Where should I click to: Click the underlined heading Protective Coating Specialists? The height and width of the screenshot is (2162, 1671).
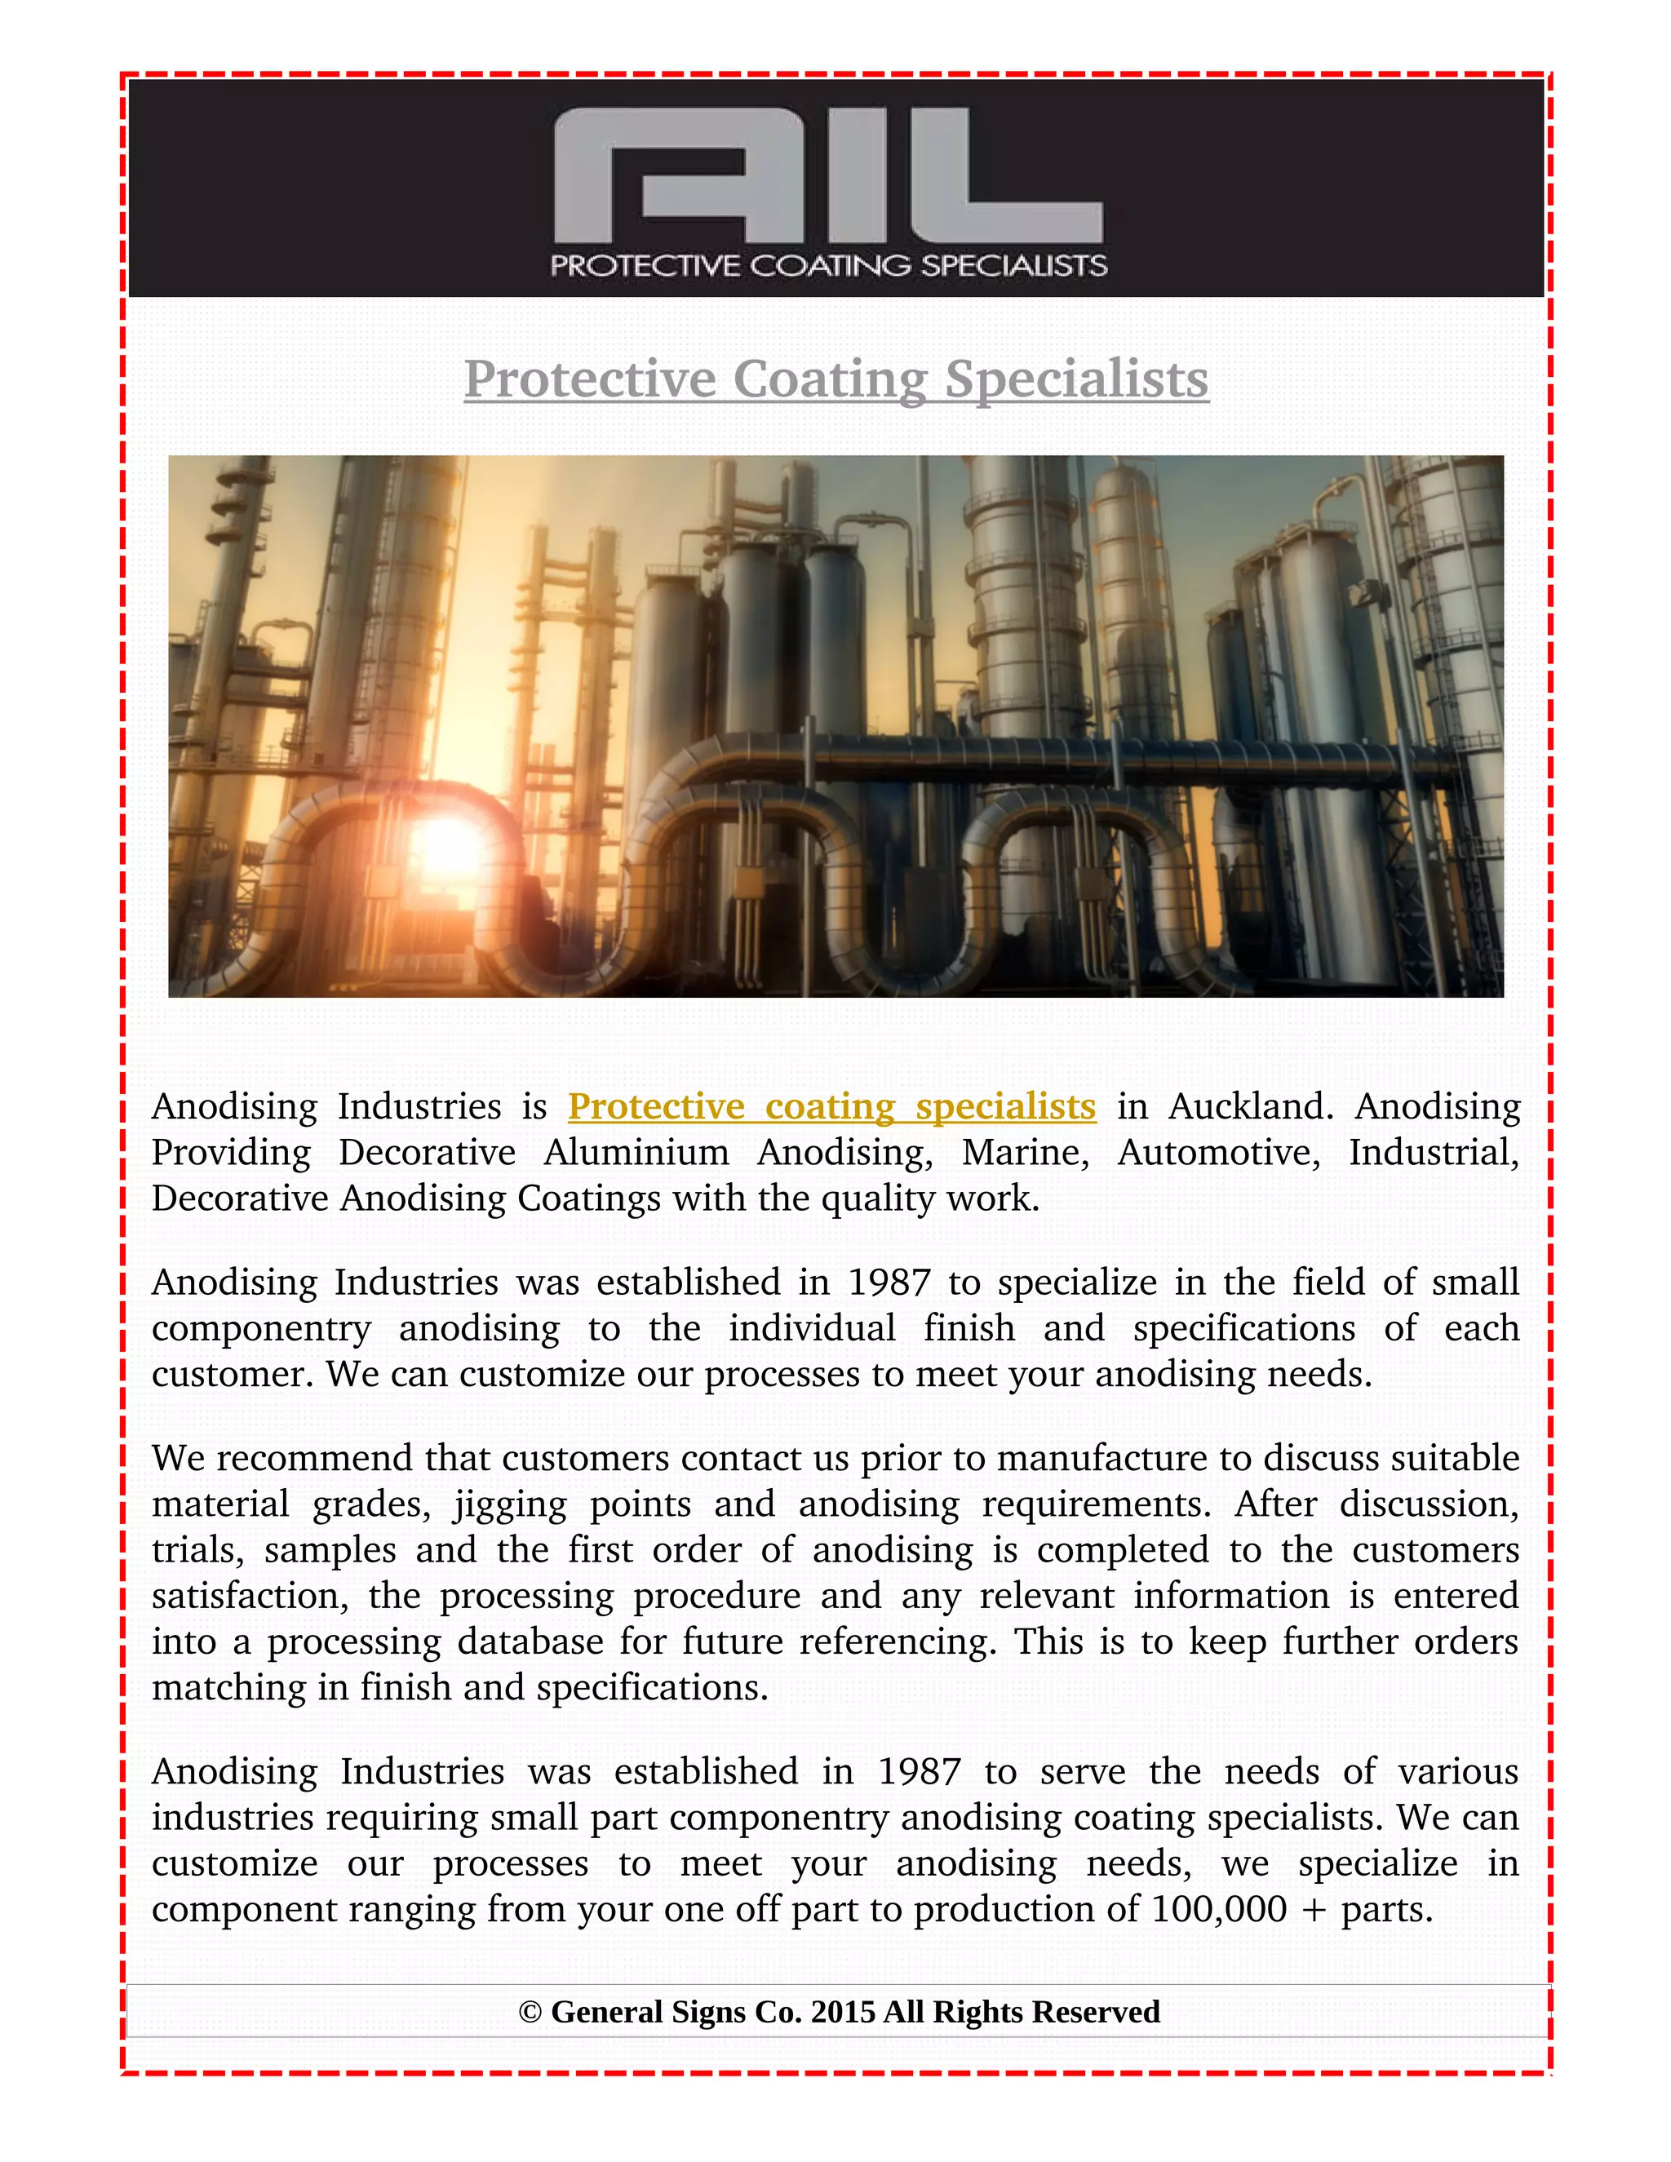(835, 379)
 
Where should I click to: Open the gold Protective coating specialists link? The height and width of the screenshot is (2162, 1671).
(831, 1105)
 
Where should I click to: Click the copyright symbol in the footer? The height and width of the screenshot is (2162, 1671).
(530, 2013)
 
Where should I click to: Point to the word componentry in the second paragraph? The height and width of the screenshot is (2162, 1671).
(261, 1328)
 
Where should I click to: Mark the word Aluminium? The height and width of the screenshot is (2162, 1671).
(636, 1152)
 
